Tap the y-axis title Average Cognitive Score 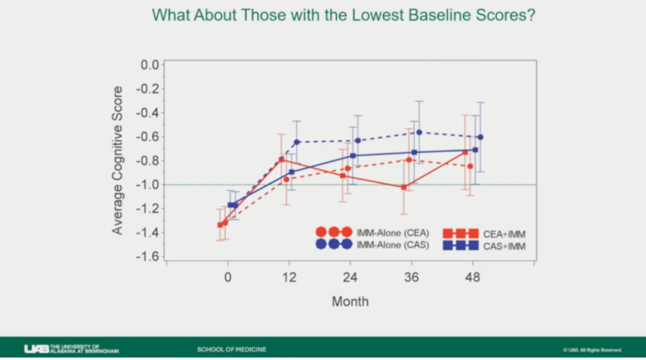tap(117, 161)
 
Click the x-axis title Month tap(350, 301)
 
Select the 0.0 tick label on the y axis tap(150, 64)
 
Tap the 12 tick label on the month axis tap(289, 277)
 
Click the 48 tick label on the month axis tap(473, 277)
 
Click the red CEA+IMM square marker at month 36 tap(404, 187)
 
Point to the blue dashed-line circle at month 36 tap(419, 133)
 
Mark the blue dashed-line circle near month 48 tap(481, 137)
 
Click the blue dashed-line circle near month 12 tap(297, 142)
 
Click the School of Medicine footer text tap(232, 349)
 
